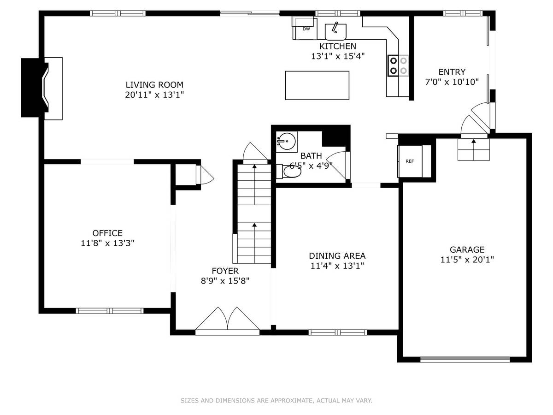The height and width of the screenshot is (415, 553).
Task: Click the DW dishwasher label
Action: tap(306, 29)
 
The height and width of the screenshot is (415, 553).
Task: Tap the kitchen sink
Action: tap(335, 32)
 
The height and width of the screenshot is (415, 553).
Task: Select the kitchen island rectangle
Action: tap(317, 85)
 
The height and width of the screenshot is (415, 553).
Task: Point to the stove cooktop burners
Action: tap(398, 65)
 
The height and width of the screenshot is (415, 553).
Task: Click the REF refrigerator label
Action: tap(410, 161)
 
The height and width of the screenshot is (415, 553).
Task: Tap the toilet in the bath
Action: tap(289, 172)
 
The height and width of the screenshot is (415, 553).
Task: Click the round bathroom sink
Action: tap(287, 142)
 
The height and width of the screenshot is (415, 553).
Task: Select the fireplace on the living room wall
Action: tap(42, 88)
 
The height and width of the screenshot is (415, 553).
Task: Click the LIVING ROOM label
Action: tap(154, 85)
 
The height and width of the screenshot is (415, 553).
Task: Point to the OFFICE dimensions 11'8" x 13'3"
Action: tap(107, 243)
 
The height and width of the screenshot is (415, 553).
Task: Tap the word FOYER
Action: tap(225, 271)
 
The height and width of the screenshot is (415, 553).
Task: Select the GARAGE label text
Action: tap(467, 249)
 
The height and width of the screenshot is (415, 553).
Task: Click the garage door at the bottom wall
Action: tap(465, 360)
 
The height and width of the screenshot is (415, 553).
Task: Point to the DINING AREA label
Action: tap(337, 256)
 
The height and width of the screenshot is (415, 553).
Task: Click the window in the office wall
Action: tap(110, 311)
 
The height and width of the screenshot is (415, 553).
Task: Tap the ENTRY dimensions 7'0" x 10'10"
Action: tap(452, 82)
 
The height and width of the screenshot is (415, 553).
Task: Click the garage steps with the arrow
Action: tap(474, 149)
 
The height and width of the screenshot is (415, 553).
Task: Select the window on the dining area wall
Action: tap(338, 332)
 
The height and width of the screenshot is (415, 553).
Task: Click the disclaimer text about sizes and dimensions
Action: tap(276, 400)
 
